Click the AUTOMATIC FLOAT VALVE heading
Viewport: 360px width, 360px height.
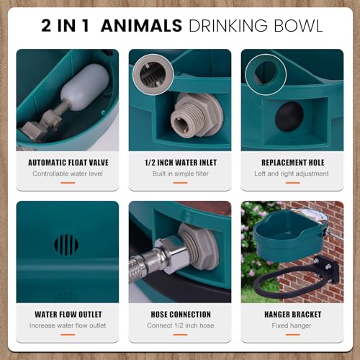[67, 163]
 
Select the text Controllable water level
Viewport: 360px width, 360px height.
[67, 174]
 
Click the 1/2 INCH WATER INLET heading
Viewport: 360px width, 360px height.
[180, 163]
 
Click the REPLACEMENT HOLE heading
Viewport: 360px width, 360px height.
[292, 163]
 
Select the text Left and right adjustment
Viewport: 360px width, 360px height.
[292, 174]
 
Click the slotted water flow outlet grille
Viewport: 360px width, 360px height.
[66, 244]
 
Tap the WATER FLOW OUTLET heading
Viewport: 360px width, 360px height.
[67, 315]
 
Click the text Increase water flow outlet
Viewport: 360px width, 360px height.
[67, 325]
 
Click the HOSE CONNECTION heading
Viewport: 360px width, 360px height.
[180, 315]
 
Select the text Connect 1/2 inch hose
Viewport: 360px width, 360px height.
[180, 325]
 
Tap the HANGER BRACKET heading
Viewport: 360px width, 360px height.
[292, 315]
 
